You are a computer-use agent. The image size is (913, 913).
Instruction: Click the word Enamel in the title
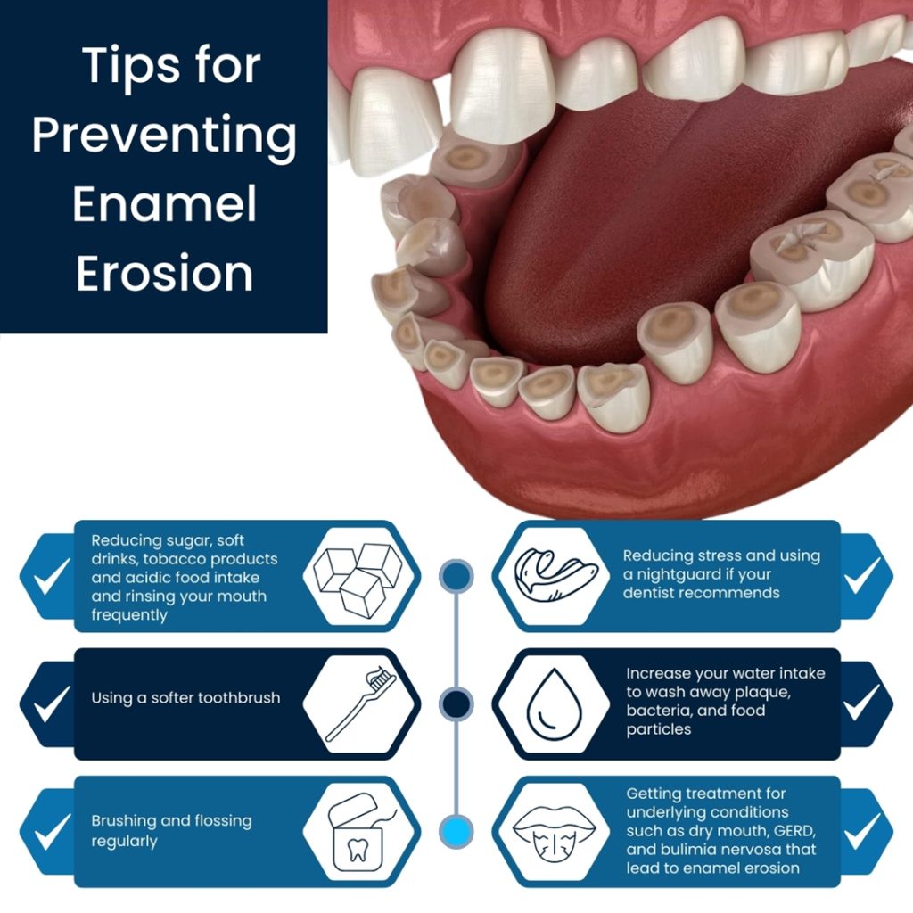tap(165, 204)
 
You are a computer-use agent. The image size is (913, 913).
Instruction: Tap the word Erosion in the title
tap(165, 274)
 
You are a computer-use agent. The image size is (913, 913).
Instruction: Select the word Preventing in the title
tap(165, 136)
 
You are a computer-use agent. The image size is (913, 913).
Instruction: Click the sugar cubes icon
tap(360, 577)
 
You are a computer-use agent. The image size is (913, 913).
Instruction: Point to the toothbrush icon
tap(360, 704)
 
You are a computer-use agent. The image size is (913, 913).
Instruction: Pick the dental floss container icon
tap(360, 832)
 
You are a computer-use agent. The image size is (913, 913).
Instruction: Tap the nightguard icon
tap(553, 577)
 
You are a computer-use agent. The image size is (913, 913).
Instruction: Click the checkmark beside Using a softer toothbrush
tap(51, 704)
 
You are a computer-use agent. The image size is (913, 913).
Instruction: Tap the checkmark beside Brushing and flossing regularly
tap(51, 832)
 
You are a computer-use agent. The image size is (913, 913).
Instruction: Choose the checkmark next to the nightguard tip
tap(862, 577)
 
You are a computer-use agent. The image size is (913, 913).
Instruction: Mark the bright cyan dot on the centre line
tap(456, 832)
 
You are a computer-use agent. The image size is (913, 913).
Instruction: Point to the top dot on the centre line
tap(456, 577)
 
